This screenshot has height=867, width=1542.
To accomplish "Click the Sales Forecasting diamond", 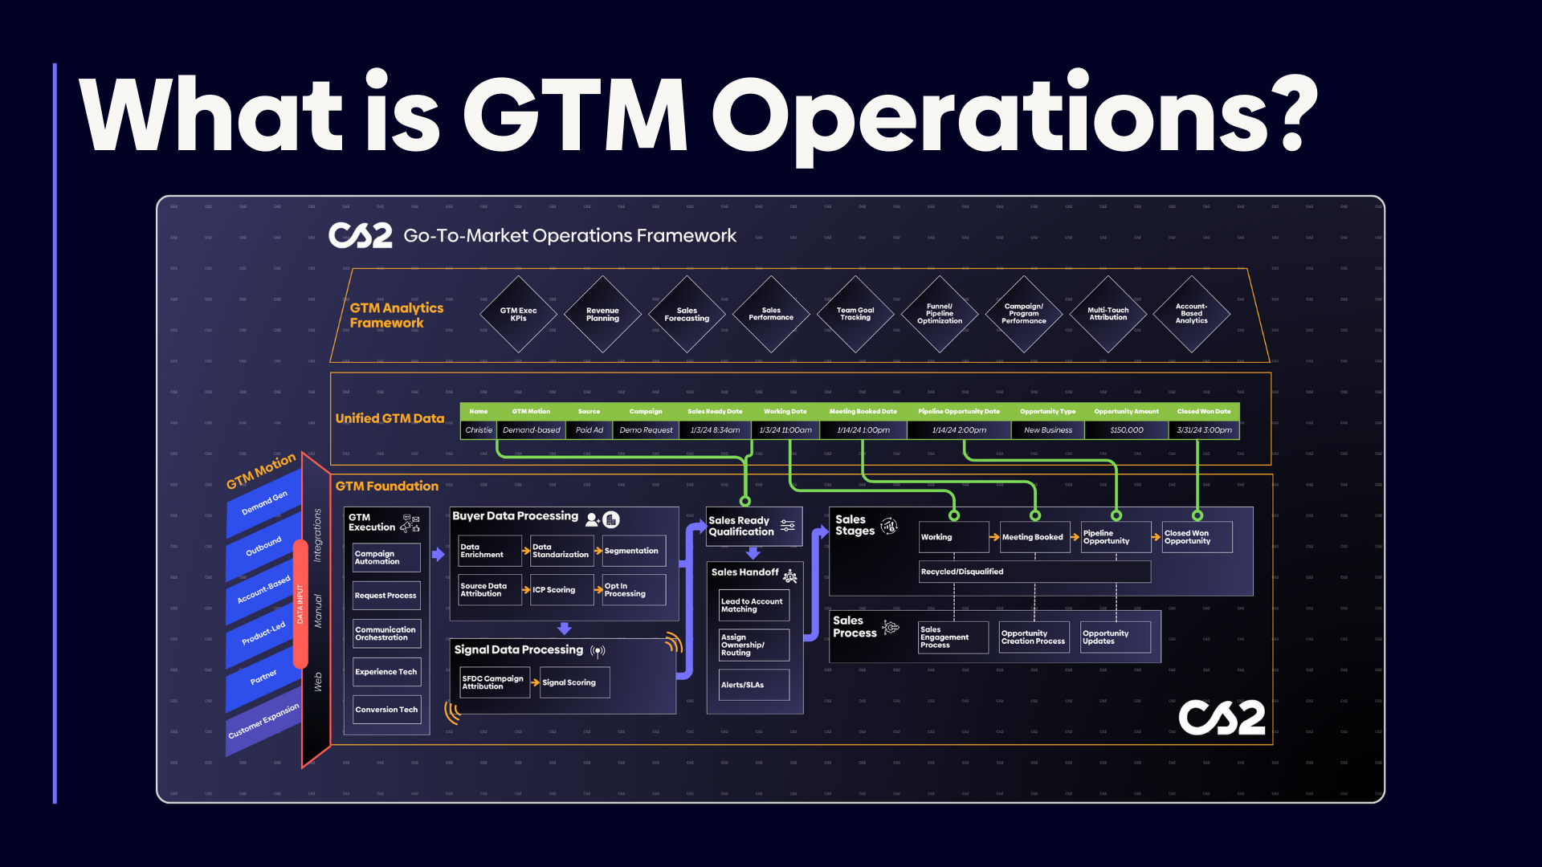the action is click(x=687, y=315).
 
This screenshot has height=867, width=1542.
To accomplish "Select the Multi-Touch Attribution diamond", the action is click(x=1108, y=314).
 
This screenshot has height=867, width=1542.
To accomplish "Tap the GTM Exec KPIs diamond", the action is click(x=518, y=315).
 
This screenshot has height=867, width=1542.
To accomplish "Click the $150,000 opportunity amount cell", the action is click(x=1126, y=430).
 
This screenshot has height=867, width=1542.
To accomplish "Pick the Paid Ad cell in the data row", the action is click(x=589, y=430).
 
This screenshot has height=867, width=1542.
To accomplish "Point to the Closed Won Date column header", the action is click(x=1203, y=412).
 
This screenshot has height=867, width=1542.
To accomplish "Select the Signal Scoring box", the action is click(x=574, y=683).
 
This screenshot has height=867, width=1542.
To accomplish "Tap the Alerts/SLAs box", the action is click(x=753, y=685).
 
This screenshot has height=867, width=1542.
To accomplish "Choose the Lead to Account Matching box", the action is click(x=753, y=605).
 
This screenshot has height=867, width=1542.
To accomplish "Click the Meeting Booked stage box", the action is click(x=1034, y=537).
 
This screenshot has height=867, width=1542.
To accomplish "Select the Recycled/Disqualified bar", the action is click(x=1034, y=572).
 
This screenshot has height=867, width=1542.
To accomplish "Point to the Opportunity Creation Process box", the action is click(x=1034, y=637).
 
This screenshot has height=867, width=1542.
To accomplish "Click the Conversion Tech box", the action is click(x=386, y=710).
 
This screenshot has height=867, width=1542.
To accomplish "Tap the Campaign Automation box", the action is click(x=386, y=558).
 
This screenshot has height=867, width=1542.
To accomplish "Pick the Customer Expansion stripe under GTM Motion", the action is click(x=263, y=722).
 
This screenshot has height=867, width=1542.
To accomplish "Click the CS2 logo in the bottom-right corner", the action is click(x=1222, y=718).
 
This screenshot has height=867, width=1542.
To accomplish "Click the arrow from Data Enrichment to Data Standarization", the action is click(x=527, y=552).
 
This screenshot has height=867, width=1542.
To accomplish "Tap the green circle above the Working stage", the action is click(x=954, y=515).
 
